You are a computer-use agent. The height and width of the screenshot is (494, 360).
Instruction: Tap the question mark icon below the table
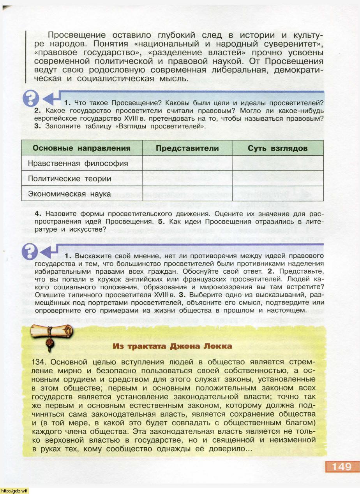coord(31,251)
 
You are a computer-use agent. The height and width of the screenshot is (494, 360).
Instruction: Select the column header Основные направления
coord(81,148)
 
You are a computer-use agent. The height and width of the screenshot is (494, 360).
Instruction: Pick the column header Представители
coord(187,148)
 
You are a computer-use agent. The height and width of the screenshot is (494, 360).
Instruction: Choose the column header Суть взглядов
coord(277,148)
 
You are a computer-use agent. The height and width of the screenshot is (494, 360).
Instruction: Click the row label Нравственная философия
coord(78,163)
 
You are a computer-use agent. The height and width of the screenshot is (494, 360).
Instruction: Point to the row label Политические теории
coord(70,179)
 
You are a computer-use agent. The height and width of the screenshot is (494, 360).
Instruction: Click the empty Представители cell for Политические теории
coord(187,179)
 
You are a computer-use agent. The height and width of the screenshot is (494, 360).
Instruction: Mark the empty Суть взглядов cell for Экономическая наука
coord(277,193)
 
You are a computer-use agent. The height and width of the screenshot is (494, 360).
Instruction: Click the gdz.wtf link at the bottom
coord(14,490)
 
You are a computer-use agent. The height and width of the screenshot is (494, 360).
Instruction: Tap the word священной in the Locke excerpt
coord(236,440)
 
